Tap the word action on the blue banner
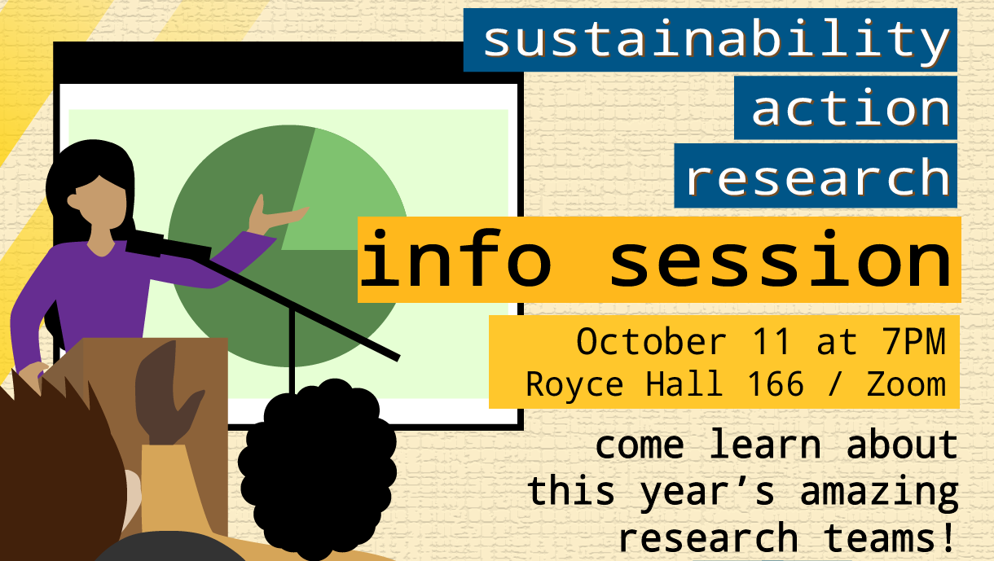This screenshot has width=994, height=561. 850,108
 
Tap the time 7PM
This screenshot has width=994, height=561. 916,341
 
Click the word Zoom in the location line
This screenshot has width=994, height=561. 906,383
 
